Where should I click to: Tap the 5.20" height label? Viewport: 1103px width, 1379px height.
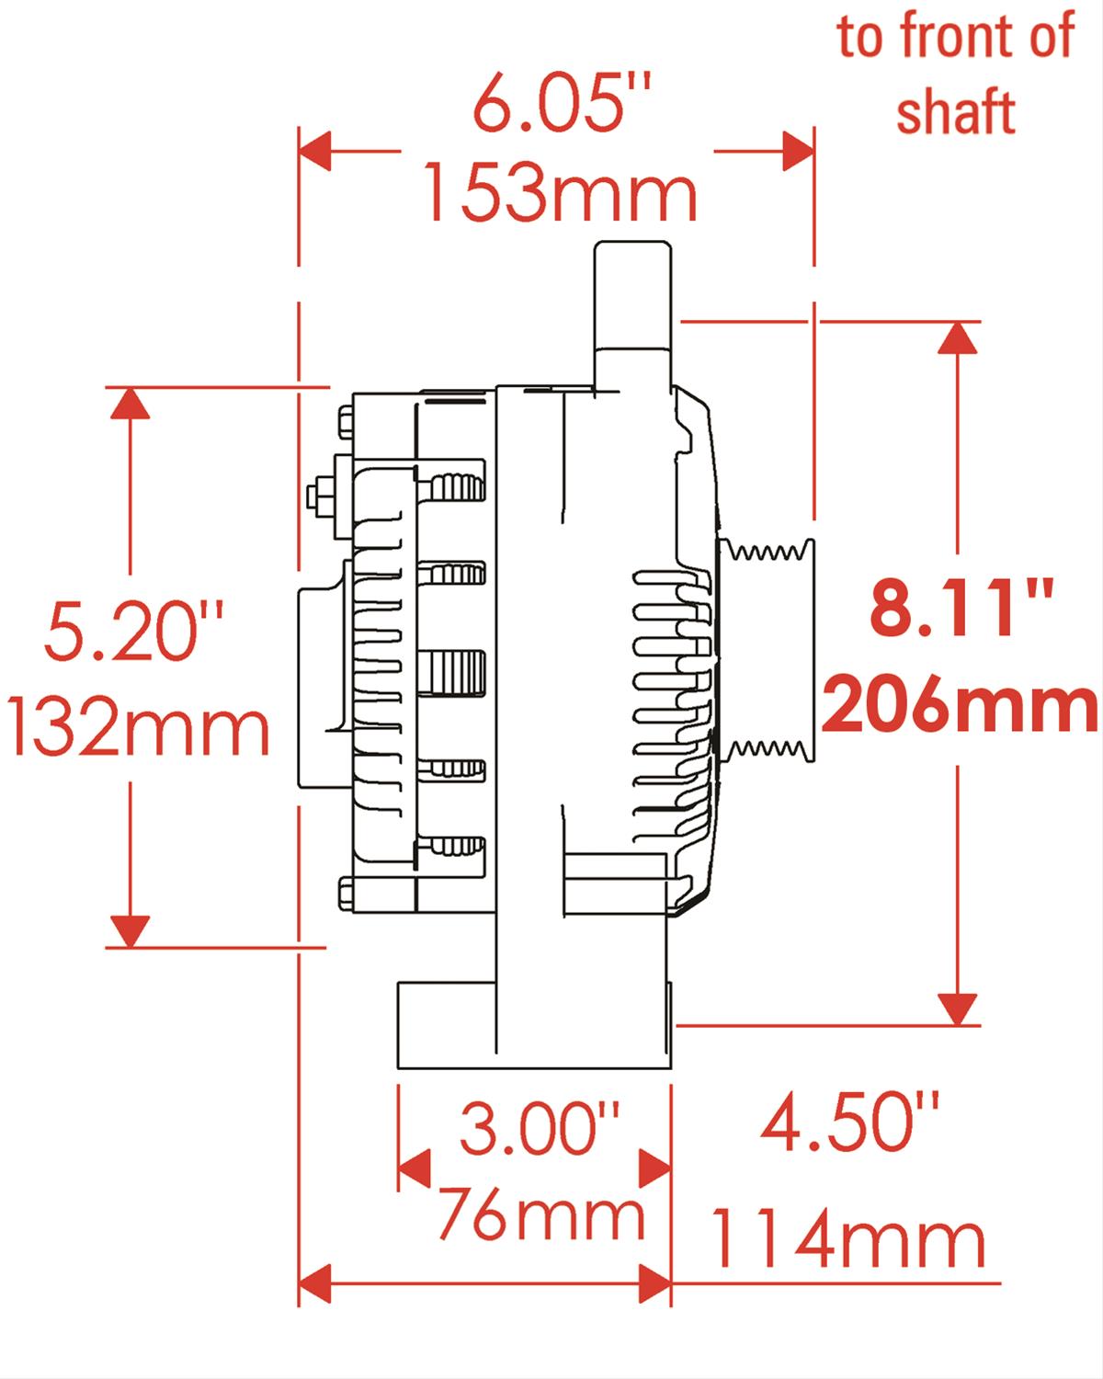[x=135, y=632]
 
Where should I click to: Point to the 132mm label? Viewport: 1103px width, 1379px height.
[x=138, y=729]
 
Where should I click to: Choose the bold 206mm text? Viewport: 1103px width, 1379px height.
[x=961, y=706]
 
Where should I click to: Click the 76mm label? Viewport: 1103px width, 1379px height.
[x=540, y=1215]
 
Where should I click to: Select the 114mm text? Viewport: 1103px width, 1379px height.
[x=847, y=1241]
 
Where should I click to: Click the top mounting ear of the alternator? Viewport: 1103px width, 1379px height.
[x=630, y=303]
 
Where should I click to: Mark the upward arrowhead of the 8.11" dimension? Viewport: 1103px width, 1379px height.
[x=958, y=338]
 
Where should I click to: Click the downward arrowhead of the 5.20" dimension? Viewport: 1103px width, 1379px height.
[x=129, y=930]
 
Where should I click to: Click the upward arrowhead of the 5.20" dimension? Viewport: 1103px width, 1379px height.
[x=129, y=403]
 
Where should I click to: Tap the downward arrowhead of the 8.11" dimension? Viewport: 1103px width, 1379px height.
[x=958, y=1009]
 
